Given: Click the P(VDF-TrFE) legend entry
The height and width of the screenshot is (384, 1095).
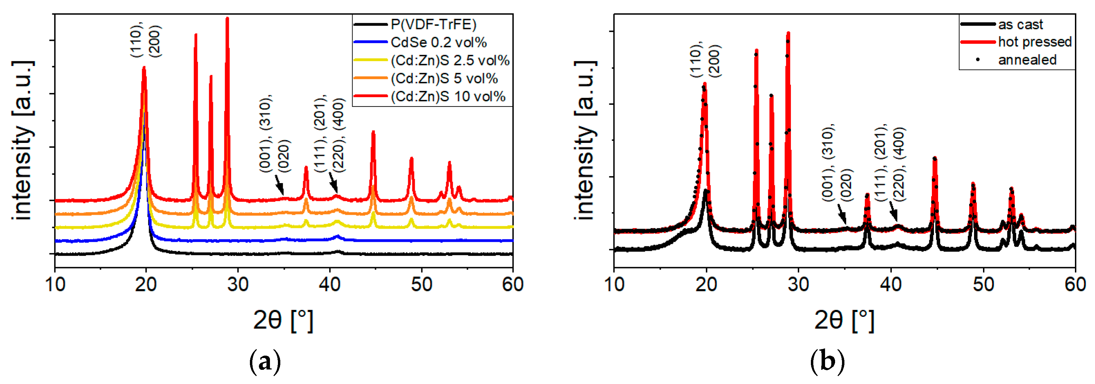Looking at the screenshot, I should tap(433, 24).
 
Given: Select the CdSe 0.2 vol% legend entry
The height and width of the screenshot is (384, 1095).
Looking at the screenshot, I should tap(438, 43).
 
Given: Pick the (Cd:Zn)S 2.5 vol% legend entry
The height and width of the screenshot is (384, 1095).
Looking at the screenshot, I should tap(449, 61).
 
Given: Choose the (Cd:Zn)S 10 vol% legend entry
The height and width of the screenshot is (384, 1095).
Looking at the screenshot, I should tap(447, 97).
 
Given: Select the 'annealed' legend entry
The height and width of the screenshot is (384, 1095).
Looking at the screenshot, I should tap(1027, 60).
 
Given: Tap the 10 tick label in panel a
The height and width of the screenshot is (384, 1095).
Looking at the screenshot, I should tap(55, 284).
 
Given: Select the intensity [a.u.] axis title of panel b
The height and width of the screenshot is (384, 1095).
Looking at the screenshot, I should tap(585, 140).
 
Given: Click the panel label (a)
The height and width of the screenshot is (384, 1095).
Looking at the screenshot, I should tap(265, 362).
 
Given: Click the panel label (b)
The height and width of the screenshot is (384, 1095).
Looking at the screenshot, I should tap(827, 362).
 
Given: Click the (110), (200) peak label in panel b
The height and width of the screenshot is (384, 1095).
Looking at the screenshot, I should tap(705, 61).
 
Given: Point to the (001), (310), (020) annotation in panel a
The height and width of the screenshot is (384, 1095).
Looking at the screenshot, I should tap(274, 135).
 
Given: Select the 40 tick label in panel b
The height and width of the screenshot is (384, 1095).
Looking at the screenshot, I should tap(890, 284).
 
